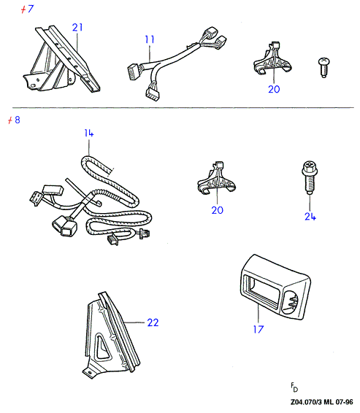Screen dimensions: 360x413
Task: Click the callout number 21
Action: tap(77, 27)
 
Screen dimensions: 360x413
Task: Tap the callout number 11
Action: tap(150, 39)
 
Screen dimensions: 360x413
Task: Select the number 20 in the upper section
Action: tap(274, 89)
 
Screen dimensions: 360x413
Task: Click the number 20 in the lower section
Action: tap(217, 210)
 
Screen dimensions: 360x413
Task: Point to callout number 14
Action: tap(89, 133)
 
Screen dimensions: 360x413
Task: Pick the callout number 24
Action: tap(310, 217)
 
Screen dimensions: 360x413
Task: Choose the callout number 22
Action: tap(153, 323)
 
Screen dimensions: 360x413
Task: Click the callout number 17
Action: tap(258, 329)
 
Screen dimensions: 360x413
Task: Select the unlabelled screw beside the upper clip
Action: tap(323, 67)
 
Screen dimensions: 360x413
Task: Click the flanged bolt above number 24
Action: tap(310, 177)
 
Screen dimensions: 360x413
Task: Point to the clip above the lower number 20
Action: tap(217, 179)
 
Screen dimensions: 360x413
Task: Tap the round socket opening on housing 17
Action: tap(290, 302)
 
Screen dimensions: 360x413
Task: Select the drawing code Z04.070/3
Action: tap(306, 402)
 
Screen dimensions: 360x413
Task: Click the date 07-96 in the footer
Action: tap(344, 402)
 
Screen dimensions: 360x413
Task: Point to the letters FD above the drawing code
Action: tap(294, 387)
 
